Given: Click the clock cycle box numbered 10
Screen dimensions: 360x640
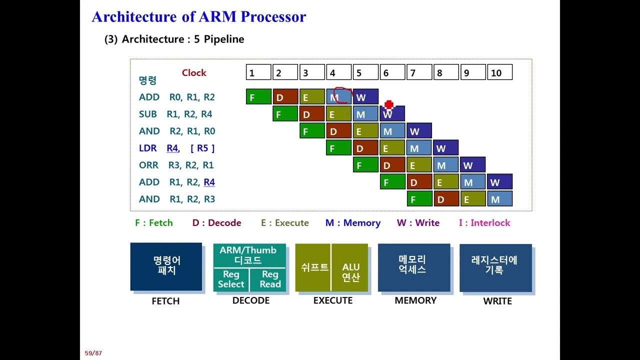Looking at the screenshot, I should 499,72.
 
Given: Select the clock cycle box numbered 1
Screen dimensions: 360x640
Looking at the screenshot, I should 258,72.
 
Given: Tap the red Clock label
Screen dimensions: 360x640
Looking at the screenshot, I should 194,73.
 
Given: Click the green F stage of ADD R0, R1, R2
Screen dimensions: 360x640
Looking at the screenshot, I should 258,97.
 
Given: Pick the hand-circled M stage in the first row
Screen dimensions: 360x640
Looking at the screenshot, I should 339,97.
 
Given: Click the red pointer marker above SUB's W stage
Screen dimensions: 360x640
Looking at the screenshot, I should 389,104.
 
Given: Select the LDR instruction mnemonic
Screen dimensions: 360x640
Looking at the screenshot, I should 148,148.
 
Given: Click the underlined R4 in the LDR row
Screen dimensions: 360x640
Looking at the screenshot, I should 172,148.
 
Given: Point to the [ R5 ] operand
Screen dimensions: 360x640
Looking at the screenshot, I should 202,148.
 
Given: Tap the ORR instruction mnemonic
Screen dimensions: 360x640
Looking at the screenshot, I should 148,165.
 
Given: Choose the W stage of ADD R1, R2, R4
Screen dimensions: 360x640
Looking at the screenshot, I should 499,182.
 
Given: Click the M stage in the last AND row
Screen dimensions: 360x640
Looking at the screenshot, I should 499,199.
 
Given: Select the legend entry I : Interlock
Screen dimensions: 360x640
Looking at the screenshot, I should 484,223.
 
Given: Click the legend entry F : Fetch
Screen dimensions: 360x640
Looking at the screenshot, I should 154,223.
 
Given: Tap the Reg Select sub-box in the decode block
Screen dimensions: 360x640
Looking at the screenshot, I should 231,279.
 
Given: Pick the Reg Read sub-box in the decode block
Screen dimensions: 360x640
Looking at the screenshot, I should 270,279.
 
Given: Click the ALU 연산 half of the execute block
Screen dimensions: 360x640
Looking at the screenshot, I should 350,272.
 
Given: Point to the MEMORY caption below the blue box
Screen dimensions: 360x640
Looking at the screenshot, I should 415,300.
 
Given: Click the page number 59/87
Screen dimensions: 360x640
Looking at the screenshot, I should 93,353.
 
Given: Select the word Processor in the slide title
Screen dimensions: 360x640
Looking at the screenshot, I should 273,16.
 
